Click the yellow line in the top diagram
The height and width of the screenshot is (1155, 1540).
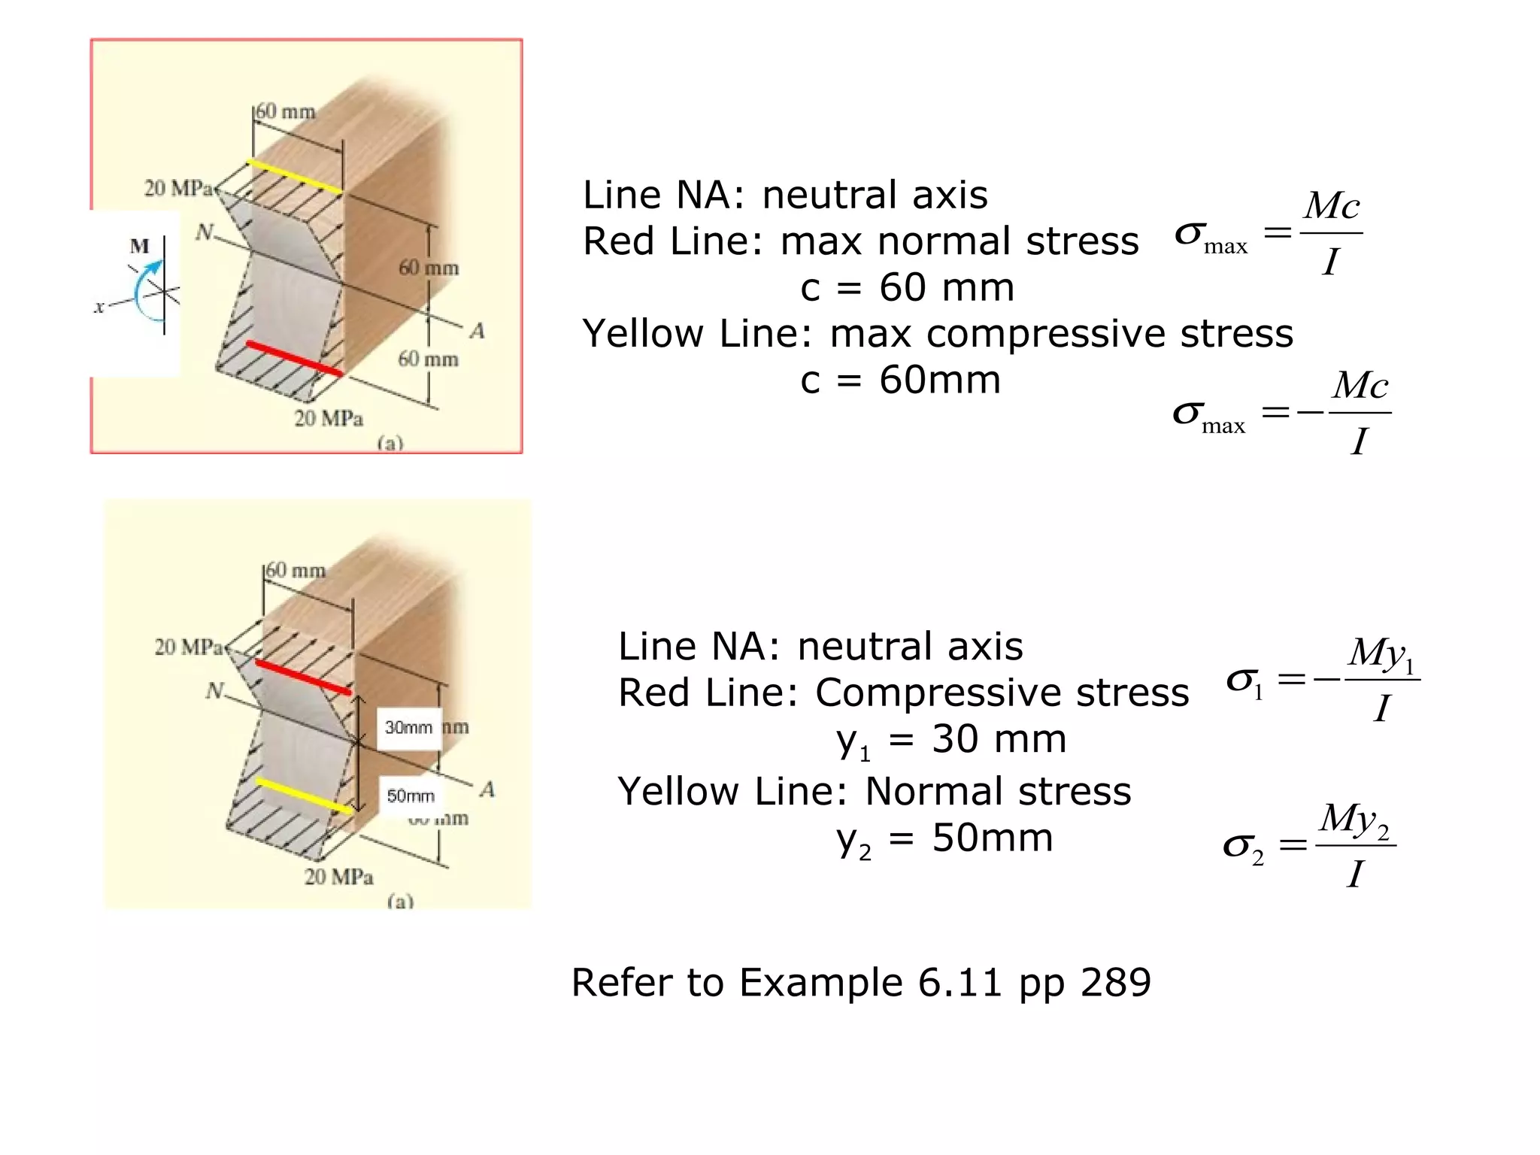tap(295, 177)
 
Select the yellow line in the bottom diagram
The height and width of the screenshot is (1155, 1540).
tap(304, 796)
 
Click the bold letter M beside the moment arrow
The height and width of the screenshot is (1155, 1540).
tap(140, 246)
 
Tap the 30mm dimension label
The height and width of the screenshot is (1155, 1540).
tap(408, 728)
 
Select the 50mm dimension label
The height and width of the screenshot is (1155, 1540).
tap(411, 796)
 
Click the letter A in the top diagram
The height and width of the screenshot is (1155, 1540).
tap(477, 331)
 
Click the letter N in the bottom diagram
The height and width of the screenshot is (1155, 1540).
tap(215, 690)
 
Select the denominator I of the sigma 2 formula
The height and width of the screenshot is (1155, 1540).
tap(1355, 874)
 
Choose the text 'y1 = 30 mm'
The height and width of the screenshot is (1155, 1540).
tap(951, 740)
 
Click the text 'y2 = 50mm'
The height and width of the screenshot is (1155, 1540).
tap(944, 838)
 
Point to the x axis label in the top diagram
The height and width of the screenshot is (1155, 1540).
tap(99, 307)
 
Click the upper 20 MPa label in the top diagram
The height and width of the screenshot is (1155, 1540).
tap(178, 188)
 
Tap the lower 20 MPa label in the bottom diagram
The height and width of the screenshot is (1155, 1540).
tap(338, 877)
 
